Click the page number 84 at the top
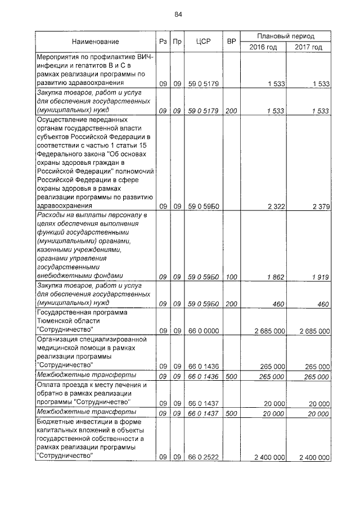tap(178, 15)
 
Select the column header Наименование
tap(95, 42)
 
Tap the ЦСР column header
tap(203, 42)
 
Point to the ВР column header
tap(231, 42)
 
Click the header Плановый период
tap(286, 35)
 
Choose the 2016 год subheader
tap(263, 47)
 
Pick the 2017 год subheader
tap(308, 47)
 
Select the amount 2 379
tap(319, 206)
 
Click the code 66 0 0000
tap(203, 330)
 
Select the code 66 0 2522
tap(203, 457)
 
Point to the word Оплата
tap(49, 385)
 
